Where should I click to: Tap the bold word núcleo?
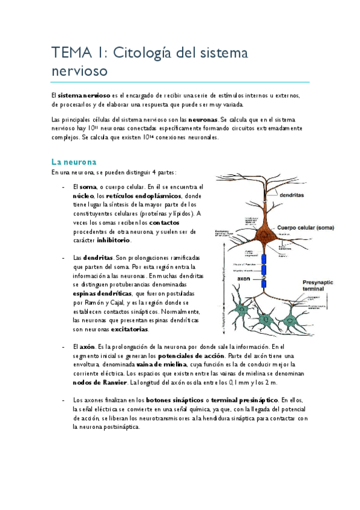[83, 196]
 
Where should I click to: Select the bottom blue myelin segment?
[263, 283]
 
